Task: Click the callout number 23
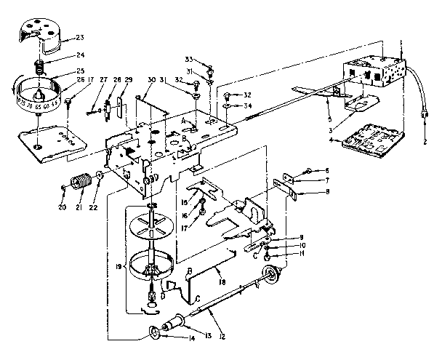[x=100, y=37]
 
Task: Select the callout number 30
[x=150, y=80]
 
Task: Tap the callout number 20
[x=63, y=204]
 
